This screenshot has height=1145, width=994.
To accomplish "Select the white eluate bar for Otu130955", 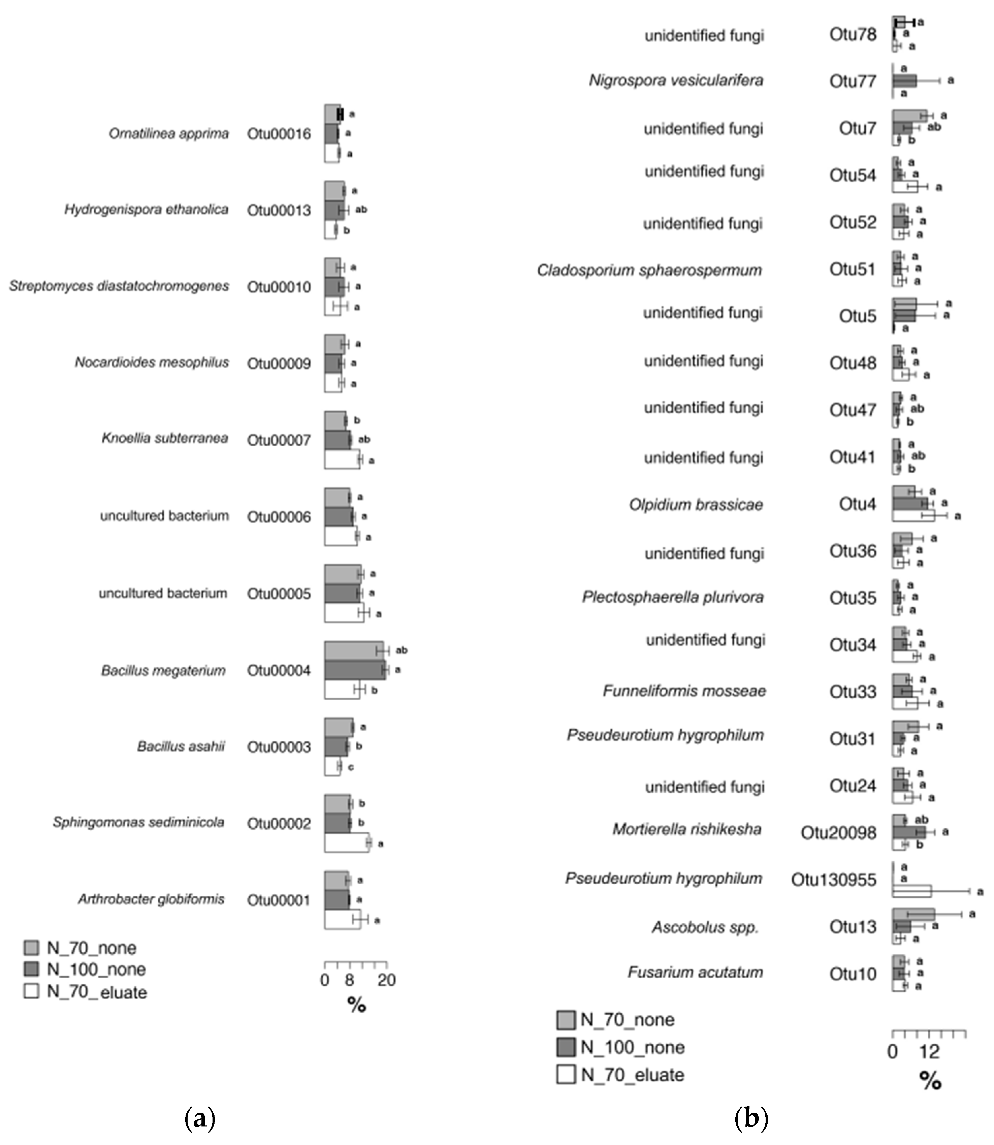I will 911,891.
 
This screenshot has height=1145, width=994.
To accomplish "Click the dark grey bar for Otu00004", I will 354,670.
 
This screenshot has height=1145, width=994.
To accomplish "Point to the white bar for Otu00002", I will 347,842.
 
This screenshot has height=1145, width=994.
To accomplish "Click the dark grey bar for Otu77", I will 904,81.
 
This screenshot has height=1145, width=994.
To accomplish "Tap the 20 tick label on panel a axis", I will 387,980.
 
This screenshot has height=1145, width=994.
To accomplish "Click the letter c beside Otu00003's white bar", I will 351,767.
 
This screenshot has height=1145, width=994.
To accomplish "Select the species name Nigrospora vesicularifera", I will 676,81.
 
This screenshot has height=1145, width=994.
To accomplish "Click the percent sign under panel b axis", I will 930,1080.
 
